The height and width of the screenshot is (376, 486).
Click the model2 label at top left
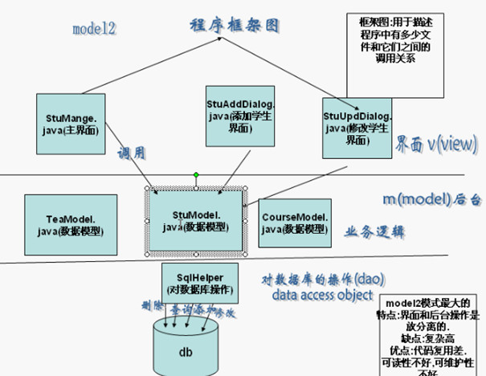pos(95,30)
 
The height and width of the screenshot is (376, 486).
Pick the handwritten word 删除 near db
pos(146,306)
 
